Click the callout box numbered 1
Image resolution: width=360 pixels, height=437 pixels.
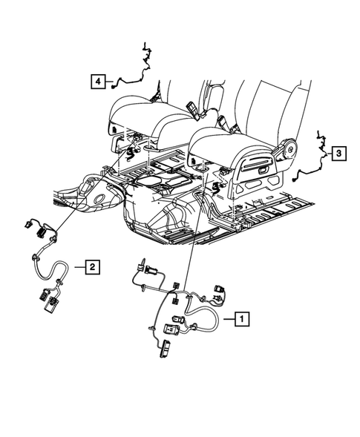(x=240, y=318)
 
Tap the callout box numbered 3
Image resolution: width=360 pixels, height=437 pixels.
(x=338, y=154)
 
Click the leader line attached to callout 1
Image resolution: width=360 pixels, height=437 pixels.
(x=226, y=318)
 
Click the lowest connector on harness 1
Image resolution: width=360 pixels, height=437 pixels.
(x=165, y=348)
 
